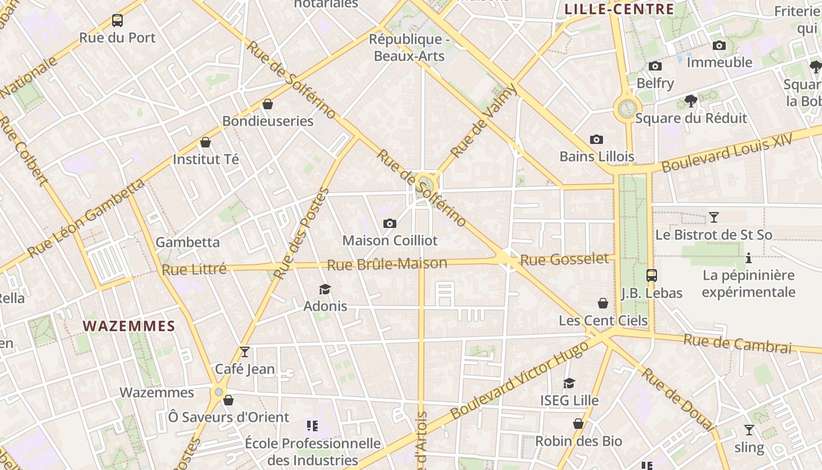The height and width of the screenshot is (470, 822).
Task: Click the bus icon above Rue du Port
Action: (117, 21)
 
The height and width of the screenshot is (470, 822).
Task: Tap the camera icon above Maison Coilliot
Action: (389, 224)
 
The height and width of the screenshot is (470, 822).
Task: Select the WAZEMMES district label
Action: (129, 326)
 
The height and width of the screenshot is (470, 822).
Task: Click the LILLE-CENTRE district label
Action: (619, 9)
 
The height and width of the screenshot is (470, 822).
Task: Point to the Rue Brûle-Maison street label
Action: (387, 264)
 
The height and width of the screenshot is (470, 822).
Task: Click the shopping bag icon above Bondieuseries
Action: (268, 105)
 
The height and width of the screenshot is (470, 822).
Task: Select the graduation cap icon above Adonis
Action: (325, 289)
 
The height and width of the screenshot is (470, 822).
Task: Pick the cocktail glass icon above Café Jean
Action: (245, 352)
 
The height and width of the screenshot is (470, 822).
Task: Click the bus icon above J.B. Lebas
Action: (651, 275)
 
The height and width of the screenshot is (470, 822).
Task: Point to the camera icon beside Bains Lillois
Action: (597, 140)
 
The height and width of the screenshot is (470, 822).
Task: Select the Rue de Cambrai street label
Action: (737, 344)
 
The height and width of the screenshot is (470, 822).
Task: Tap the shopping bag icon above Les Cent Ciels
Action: (603, 303)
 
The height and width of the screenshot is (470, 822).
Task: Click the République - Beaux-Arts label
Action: (409, 48)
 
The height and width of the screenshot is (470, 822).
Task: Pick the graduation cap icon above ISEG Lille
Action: (569, 384)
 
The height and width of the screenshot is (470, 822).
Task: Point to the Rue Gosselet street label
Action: (564, 259)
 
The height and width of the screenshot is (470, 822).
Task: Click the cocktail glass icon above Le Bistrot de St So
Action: (713, 217)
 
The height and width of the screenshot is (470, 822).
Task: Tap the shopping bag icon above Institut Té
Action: (206, 143)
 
